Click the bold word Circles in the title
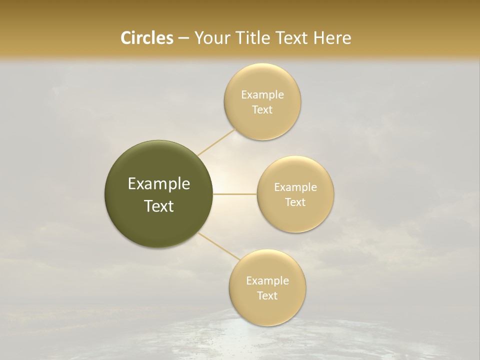pos(146,38)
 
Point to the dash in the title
pos(183,38)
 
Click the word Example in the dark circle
pos(158,184)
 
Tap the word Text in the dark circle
pos(158,206)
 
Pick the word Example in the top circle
pos(262,95)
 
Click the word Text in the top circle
pos(262,110)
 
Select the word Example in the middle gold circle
pos(295,187)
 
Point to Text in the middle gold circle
pos(295,202)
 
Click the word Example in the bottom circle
pos(267,281)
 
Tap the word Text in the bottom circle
pos(267,296)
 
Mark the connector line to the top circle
pos(216,142)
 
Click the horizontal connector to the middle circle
pos(235,194)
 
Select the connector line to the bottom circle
pos(219,246)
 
